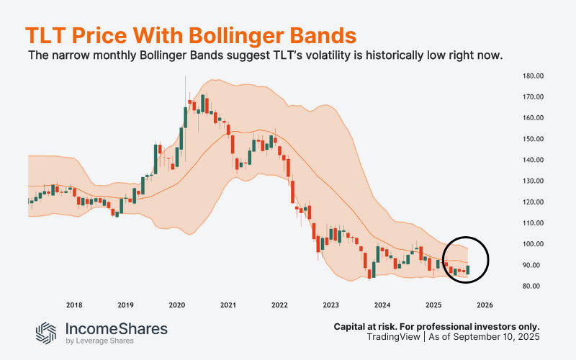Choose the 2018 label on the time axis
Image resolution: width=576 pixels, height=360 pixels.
pos(74,305)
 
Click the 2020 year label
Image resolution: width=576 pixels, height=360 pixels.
pos(177,305)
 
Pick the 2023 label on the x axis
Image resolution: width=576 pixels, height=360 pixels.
pos(331,305)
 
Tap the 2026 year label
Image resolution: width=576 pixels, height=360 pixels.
pos(485,305)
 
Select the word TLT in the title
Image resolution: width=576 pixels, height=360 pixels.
pos(45,35)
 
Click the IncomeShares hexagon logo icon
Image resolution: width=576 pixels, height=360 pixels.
pos(47,332)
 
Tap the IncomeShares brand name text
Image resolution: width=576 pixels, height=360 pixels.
pos(117,328)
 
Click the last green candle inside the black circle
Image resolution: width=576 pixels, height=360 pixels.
pos(468,270)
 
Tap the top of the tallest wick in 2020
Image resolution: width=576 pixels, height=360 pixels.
pos(186,77)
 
